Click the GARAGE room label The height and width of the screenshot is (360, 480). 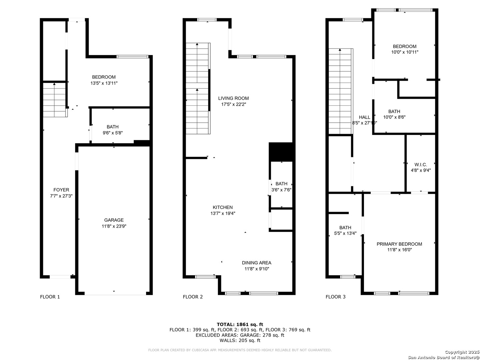coord(114,220)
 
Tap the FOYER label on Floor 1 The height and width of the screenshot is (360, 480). coord(61,190)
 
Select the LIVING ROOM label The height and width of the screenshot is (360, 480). coord(233,98)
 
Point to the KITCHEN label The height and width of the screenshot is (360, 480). coord(223,207)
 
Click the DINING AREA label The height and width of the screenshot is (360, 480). coord(257,263)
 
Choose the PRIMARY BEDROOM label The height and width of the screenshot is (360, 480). coord(399,244)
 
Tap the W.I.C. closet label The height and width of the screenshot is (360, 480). coord(421,165)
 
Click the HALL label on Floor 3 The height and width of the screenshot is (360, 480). coord(364,117)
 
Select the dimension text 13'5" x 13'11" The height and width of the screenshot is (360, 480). coord(104,83)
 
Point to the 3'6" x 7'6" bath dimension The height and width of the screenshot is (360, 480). coord(281,190)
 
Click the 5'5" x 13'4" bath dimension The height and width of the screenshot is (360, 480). coord(345,233)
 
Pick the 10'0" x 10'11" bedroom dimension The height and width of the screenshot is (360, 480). coord(405,52)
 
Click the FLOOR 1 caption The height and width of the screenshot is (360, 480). coord(50,297)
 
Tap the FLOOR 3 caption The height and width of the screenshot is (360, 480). coord(335,297)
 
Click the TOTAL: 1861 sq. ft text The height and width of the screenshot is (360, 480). coord(240,324)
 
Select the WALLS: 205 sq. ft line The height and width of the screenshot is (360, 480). coord(240,340)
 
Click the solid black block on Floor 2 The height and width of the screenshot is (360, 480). coord(281,152)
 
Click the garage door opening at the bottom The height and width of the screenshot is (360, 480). coord(115,295)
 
